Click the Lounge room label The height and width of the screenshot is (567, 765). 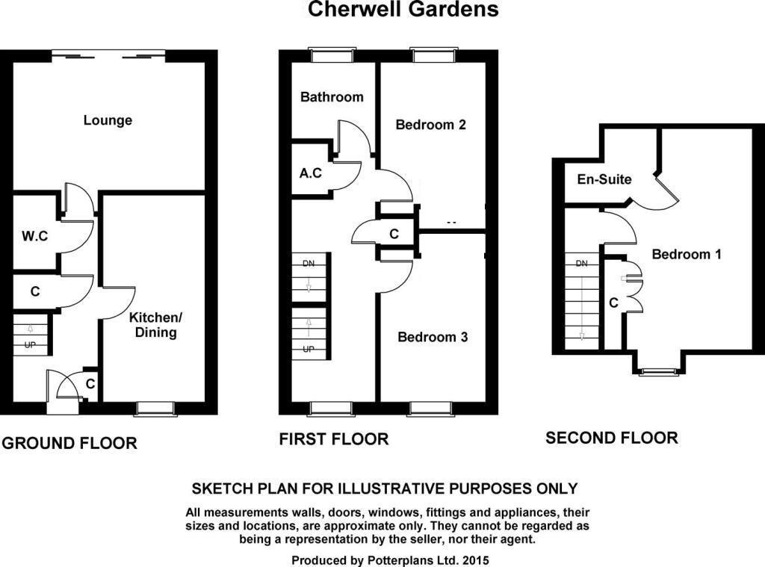108,120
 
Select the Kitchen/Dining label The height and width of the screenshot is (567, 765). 155,324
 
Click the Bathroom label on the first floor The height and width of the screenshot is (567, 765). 332,96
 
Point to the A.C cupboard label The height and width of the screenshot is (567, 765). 311,173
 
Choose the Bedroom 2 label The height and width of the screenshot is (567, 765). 431,124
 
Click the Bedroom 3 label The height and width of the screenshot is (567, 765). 433,337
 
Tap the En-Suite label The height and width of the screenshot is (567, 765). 604,179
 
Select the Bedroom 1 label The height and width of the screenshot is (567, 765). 687,254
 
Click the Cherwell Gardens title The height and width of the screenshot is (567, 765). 403,10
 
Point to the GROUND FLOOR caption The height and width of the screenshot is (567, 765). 69,443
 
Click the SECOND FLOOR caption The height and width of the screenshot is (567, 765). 612,438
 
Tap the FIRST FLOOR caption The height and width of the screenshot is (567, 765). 334,439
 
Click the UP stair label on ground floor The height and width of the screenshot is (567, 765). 30,346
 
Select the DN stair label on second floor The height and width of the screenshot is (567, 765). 582,264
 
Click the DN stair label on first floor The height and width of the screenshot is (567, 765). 309,264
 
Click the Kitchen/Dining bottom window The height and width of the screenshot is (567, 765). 156,408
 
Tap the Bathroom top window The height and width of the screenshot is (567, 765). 324,54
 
